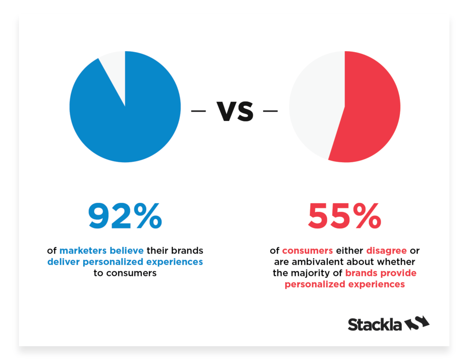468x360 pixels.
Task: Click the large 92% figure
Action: click(x=125, y=216)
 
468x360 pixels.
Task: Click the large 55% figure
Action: click(x=345, y=216)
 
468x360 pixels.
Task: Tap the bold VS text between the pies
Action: click(x=235, y=111)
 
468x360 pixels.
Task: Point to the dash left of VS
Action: click(x=198, y=111)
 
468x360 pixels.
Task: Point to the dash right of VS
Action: click(x=271, y=111)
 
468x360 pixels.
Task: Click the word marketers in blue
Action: click(x=83, y=250)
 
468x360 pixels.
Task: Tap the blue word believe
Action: click(x=127, y=250)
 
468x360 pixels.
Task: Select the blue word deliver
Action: click(x=63, y=262)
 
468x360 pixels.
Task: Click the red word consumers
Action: click(x=308, y=250)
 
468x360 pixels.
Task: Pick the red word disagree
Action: click(x=387, y=251)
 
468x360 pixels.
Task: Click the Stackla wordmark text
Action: click(x=375, y=324)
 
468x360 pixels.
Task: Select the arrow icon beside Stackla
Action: click(x=417, y=323)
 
